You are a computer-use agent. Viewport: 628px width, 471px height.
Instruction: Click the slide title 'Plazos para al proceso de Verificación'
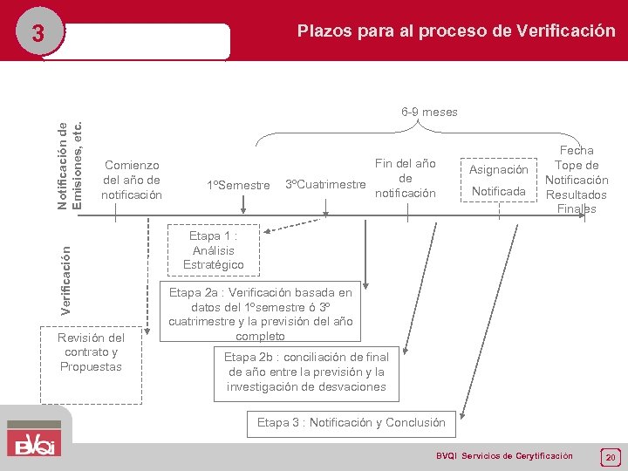click(x=455, y=31)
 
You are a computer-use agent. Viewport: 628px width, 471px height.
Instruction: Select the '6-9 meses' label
click(x=429, y=112)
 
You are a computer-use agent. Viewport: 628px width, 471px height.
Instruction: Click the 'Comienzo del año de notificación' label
click(x=132, y=179)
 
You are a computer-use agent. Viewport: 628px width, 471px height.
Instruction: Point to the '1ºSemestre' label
click(x=237, y=185)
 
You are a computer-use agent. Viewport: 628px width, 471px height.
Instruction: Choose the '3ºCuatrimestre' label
click(x=324, y=185)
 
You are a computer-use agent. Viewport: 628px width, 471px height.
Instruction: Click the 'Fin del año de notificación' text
click(x=405, y=178)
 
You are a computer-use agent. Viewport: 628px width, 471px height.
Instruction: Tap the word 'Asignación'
click(x=499, y=169)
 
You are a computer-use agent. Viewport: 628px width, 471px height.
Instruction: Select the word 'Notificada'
click(x=499, y=191)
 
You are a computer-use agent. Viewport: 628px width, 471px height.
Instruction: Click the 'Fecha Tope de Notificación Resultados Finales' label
click(x=577, y=180)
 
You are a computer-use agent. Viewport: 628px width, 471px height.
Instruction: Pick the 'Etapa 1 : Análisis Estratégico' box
click(x=214, y=250)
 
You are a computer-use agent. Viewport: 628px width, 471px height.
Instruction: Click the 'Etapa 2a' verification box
click(x=260, y=314)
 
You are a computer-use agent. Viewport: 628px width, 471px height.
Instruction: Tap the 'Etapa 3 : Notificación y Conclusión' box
click(x=351, y=423)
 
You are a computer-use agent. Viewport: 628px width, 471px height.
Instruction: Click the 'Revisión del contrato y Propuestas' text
click(x=90, y=352)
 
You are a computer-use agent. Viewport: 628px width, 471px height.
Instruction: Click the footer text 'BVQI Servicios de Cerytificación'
click(x=504, y=456)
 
